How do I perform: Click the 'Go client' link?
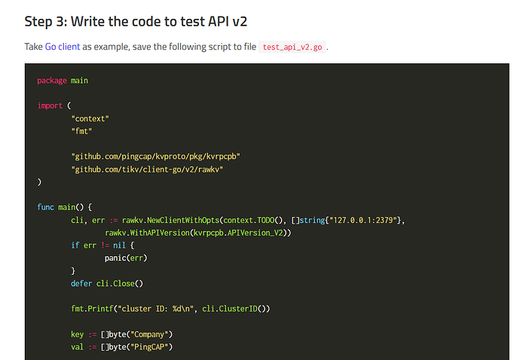click(62, 47)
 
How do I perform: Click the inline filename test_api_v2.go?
click(293, 47)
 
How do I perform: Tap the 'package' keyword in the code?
click(51, 81)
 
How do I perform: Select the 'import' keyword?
click(49, 105)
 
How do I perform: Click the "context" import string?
click(90, 118)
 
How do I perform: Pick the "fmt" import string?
click(81, 131)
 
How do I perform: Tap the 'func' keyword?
click(44, 206)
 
